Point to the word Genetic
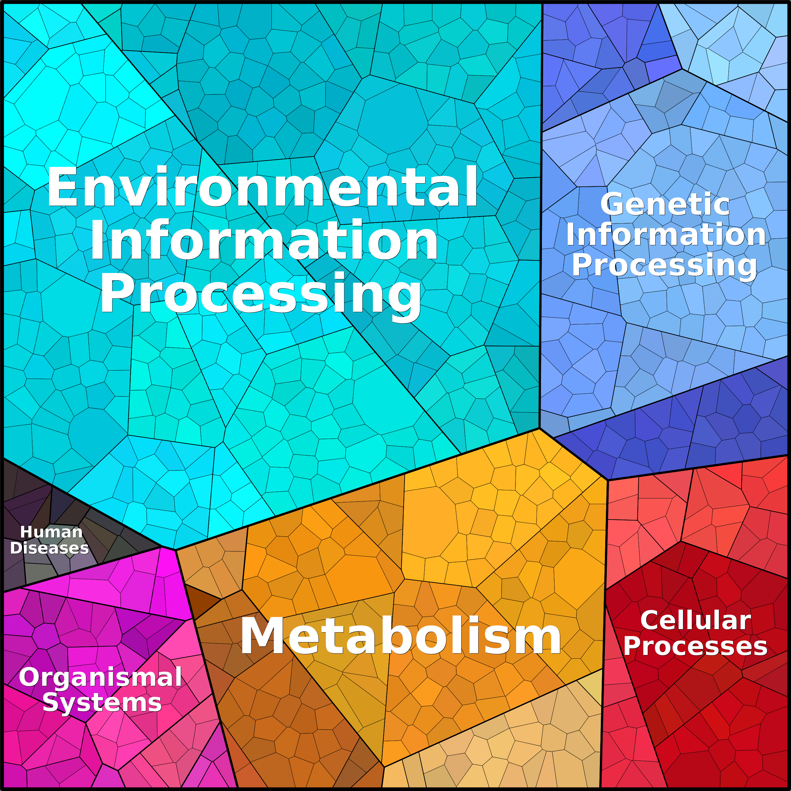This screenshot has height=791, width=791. coord(665,204)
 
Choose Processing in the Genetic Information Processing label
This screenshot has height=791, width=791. coord(664,266)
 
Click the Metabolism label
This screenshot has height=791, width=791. coord(401,636)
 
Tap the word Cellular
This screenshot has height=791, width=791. coord(696,620)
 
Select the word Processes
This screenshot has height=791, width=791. coord(695,647)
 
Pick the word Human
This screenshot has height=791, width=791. coord(52,532)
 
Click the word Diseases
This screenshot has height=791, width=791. coord(49,548)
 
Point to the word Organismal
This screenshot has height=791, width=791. coord(100,677)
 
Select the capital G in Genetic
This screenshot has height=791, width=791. coord(611,204)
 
